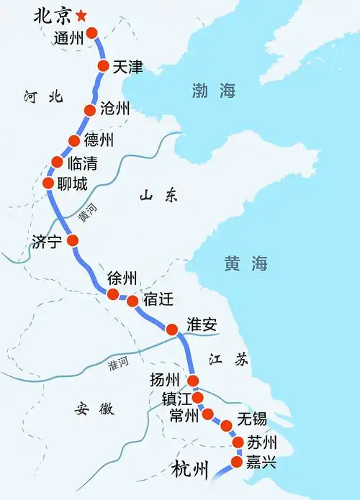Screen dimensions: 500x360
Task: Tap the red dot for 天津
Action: point(103,66)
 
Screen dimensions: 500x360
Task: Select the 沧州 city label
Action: point(116,109)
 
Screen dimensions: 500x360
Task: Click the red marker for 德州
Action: point(73,140)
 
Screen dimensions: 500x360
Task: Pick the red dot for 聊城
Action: point(48,183)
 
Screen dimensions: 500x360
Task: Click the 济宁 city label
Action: point(48,242)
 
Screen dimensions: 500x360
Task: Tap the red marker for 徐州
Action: point(113,294)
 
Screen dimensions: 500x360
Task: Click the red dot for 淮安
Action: point(172,329)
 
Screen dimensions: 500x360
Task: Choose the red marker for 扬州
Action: point(193,381)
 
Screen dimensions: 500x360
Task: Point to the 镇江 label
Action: point(176,399)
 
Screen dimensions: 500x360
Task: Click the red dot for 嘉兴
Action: point(238,461)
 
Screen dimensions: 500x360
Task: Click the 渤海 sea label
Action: point(214,91)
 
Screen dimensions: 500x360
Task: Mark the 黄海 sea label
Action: point(246,264)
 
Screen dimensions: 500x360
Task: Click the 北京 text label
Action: point(54,16)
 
